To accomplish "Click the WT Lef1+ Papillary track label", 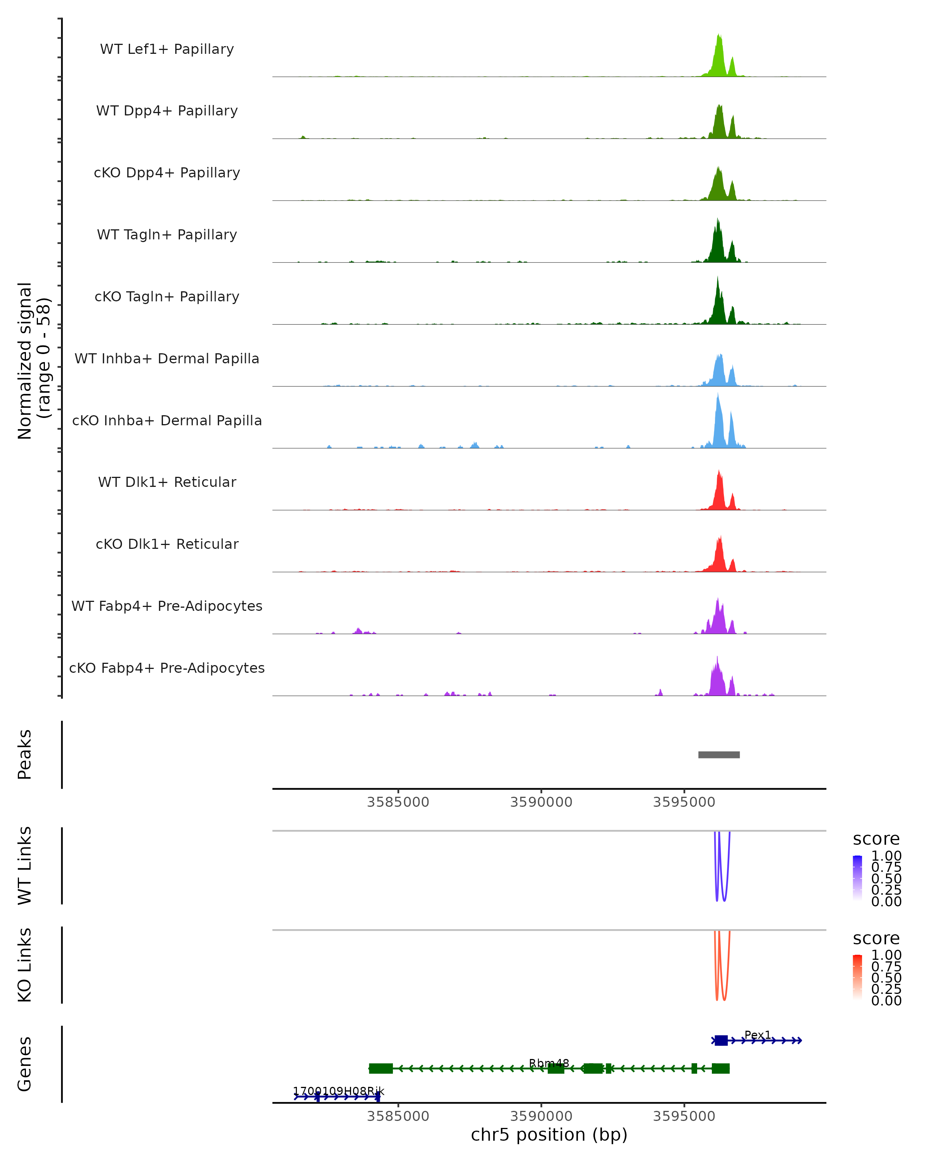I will (167, 49).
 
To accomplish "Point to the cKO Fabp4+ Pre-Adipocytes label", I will (167, 668).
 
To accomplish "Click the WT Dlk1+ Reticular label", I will (167, 482).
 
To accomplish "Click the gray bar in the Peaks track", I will (718, 755).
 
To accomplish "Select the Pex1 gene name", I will (757, 1035).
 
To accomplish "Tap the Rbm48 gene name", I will (549, 1063).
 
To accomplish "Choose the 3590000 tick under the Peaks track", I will (541, 802).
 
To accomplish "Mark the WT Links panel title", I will (25, 866).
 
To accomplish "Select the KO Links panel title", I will (25, 965).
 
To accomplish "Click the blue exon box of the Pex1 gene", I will (721, 1040).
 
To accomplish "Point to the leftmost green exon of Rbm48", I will (381, 1068).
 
